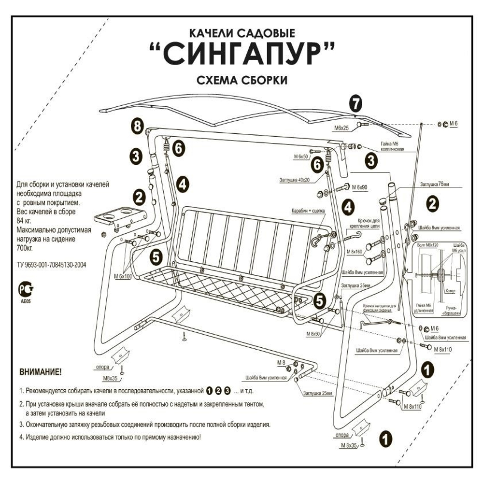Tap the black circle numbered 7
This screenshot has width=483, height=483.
(x=355, y=103)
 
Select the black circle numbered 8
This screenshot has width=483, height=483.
(x=138, y=127)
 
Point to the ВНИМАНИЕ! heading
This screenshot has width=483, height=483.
(x=40, y=372)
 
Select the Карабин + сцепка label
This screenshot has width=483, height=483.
(x=308, y=212)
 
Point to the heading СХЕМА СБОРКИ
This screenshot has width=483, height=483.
(x=242, y=80)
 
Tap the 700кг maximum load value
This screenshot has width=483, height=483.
(x=26, y=247)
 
